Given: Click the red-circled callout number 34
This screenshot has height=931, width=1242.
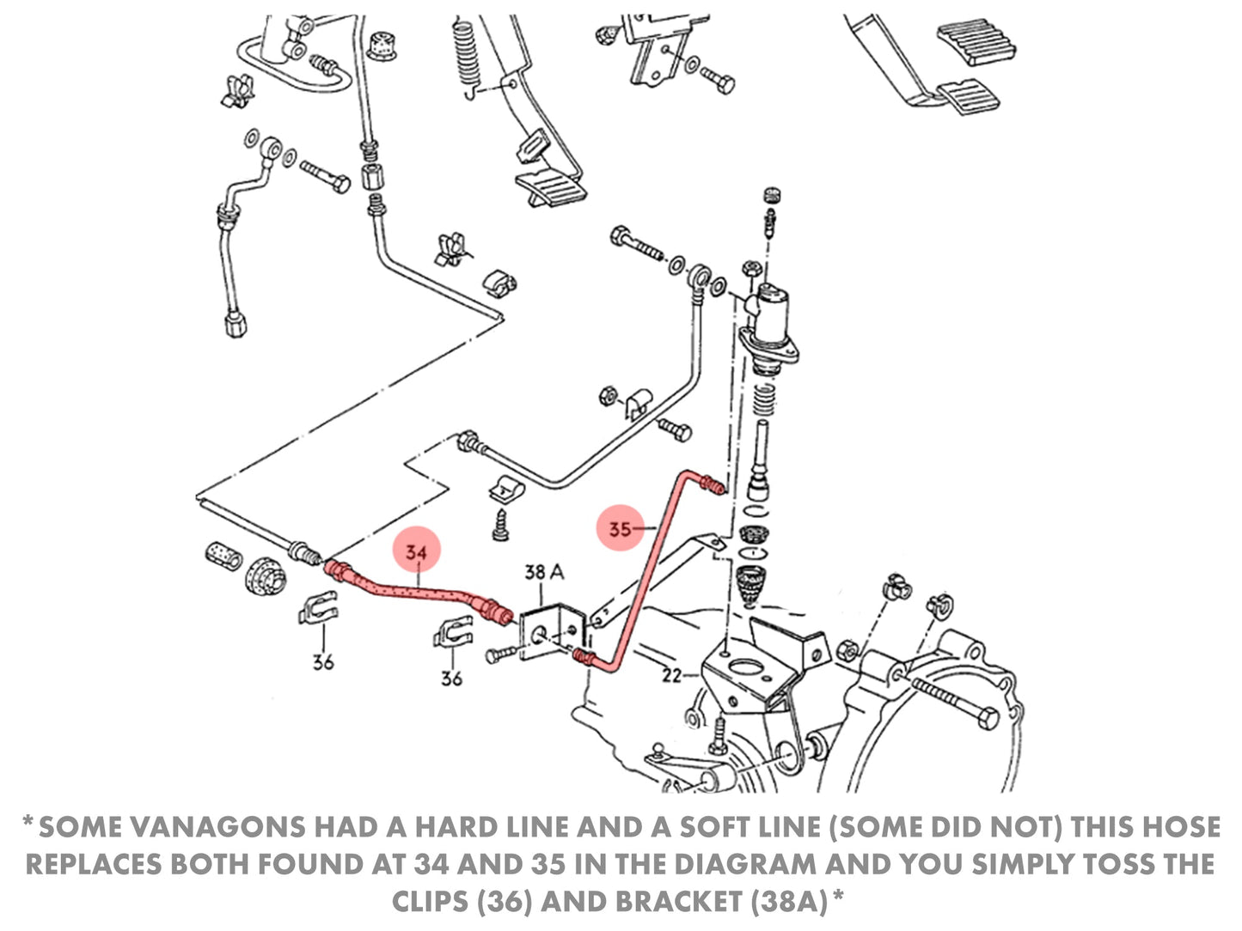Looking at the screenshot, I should [416, 552].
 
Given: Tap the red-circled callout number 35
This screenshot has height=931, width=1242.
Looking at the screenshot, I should [620, 529].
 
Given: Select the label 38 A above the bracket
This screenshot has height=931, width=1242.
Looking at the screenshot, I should [544, 571].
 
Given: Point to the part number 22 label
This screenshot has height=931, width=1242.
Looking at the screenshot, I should [671, 676].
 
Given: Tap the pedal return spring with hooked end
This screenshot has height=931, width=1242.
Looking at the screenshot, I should [464, 52].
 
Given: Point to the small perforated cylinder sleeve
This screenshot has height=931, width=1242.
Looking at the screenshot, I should [224, 556].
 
